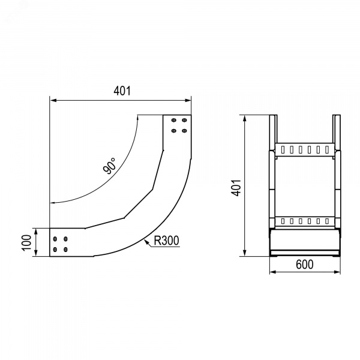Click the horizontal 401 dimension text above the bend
[x=122, y=91]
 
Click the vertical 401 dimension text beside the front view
[x=236, y=188]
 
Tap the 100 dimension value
[x=26, y=242]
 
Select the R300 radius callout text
[x=166, y=241]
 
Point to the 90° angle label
[x=110, y=166]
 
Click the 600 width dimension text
[x=304, y=265]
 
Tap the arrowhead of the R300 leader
[x=146, y=241]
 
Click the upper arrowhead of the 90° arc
[x=137, y=118]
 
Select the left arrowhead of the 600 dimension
[x=272, y=272]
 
